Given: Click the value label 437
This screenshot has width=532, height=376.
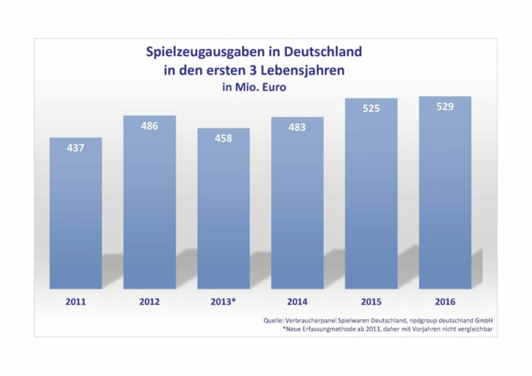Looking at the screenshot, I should [76, 148].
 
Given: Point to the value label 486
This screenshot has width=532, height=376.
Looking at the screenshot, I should [149, 126].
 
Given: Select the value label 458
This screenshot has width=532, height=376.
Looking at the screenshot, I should [223, 139].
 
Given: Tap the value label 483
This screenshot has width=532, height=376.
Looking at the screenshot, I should [297, 128].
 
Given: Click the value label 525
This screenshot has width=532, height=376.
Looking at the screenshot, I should [371, 108].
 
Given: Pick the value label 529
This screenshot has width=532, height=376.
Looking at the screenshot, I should [445, 106].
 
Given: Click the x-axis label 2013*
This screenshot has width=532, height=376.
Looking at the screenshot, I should [223, 301].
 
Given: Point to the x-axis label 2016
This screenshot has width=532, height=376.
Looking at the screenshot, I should [445, 301].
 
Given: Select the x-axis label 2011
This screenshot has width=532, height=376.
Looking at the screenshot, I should [76, 301].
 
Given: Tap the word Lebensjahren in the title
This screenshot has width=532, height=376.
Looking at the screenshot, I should [307, 70].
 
